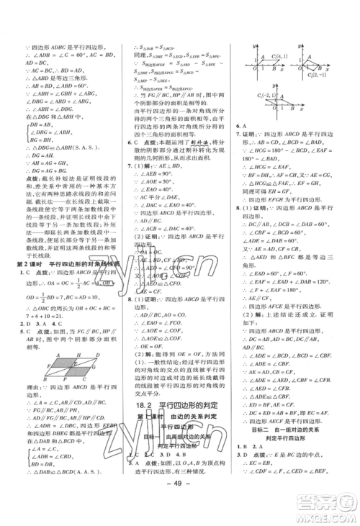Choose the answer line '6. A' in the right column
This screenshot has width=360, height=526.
243,145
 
